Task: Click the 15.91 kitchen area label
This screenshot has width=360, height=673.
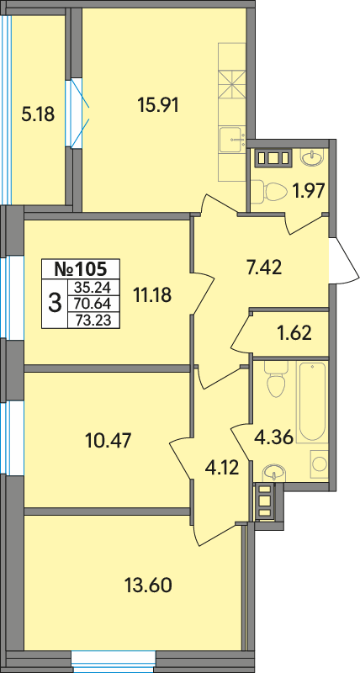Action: coord(158,105)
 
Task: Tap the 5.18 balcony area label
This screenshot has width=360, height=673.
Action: coord(38,114)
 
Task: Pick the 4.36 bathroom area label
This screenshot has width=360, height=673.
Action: coord(273,438)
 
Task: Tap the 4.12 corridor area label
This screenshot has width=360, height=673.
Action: coord(221,468)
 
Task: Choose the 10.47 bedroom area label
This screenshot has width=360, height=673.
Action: coord(109,440)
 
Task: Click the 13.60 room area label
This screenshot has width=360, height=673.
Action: coord(148,584)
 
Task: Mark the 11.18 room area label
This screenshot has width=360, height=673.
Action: coord(152,295)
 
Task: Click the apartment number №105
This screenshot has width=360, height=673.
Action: coord(80,269)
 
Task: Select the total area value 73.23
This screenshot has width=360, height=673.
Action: coord(93,321)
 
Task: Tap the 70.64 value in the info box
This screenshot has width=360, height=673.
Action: coord(93,304)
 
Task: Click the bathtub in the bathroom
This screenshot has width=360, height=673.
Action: coord(312,402)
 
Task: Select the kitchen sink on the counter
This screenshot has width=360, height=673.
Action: coord(231,140)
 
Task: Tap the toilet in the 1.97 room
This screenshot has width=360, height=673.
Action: coord(269,190)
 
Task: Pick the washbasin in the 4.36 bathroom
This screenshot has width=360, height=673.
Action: coord(272,472)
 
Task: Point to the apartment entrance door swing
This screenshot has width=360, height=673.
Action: coord(346,262)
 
